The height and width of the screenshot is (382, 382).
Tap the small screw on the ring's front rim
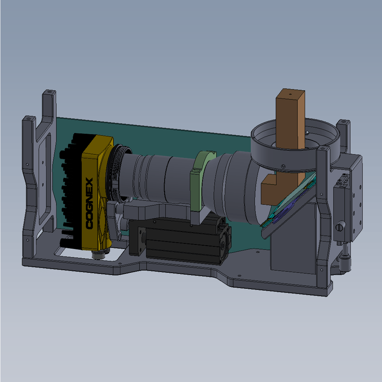click(282, 166)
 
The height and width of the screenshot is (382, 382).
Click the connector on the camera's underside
click(100, 254)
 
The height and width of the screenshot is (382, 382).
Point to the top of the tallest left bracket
click(49, 93)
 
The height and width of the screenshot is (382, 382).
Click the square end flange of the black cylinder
click(138, 241)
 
